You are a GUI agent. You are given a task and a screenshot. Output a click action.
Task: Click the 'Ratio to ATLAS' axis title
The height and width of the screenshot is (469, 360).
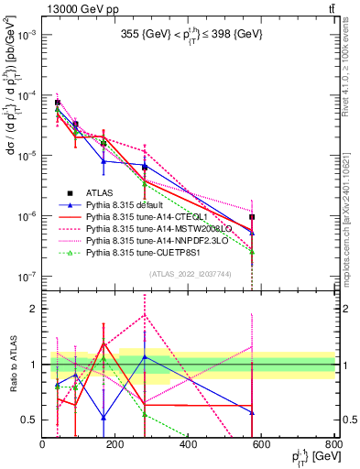12,365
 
